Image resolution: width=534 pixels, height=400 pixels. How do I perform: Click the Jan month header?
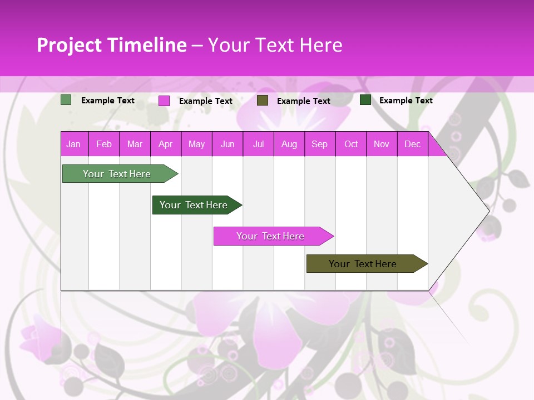click(73, 144)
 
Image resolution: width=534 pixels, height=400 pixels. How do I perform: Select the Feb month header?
click(104, 144)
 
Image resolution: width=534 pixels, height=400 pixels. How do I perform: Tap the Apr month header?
click(165, 144)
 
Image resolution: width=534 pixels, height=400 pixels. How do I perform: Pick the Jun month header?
click(228, 144)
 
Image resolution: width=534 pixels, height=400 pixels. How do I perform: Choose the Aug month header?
click(289, 144)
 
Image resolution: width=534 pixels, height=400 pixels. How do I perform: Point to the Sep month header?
click(319, 144)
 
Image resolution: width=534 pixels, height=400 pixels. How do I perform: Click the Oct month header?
click(351, 144)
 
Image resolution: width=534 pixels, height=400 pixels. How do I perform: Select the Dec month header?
click(412, 144)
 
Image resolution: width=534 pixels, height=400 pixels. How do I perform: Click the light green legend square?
click(66, 100)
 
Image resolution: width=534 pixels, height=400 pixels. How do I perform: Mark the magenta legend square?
click(164, 101)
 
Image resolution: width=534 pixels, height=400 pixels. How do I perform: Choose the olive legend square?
click(263, 101)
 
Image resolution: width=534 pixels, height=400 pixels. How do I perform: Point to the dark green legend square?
click(365, 100)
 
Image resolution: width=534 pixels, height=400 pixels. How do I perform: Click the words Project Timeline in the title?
click(112, 45)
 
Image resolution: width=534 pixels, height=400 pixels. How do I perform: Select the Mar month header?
click(135, 144)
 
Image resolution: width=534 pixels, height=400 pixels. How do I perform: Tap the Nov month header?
click(382, 144)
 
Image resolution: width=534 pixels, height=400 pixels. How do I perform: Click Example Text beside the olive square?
click(304, 101)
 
